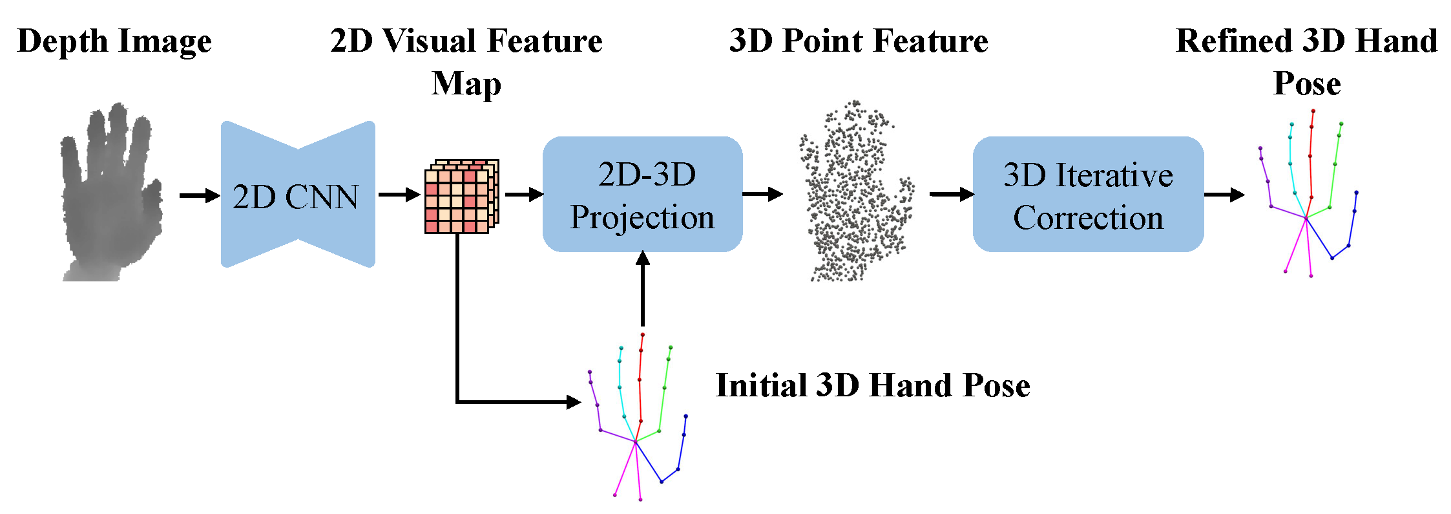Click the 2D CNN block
coord(297,195)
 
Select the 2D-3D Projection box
coord(642,194)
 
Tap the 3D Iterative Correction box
coord(1088,194)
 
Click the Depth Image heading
coord(114,41)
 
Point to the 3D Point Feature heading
coord(859,41)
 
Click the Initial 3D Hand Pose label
coord(872,386)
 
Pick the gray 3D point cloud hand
coord(856,194)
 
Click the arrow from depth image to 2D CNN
coord(200,195)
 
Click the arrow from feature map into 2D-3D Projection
coord(524,194)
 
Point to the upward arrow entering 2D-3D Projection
coord(642,288)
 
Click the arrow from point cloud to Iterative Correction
coord(952,194)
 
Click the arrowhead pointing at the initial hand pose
coord(573,402)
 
